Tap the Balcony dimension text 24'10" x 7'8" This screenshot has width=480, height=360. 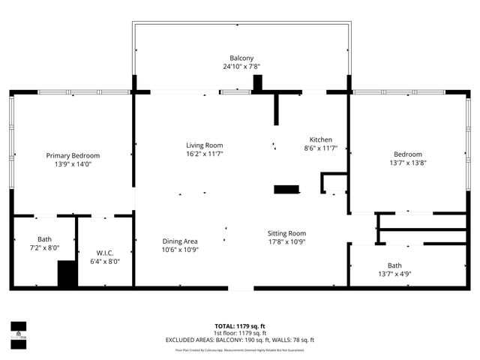point(241,67)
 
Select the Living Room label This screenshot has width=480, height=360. point(205,145)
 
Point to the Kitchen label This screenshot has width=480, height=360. point(321,139)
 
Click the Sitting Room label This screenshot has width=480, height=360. point(287,233)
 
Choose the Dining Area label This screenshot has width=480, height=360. point(181,241)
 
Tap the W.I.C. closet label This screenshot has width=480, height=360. point(104,253)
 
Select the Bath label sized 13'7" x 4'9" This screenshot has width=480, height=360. point(394,265)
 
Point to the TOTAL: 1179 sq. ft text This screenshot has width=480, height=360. point(240,326)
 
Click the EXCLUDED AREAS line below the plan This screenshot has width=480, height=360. point(240,340)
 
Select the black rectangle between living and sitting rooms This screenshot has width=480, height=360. point(286,189)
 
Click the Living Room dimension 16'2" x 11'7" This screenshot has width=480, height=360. point(205,154)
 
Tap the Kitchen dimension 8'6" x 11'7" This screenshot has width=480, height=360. point(321,148)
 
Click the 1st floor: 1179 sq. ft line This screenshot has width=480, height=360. point(240,333)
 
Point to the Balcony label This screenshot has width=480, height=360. point(241,58)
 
